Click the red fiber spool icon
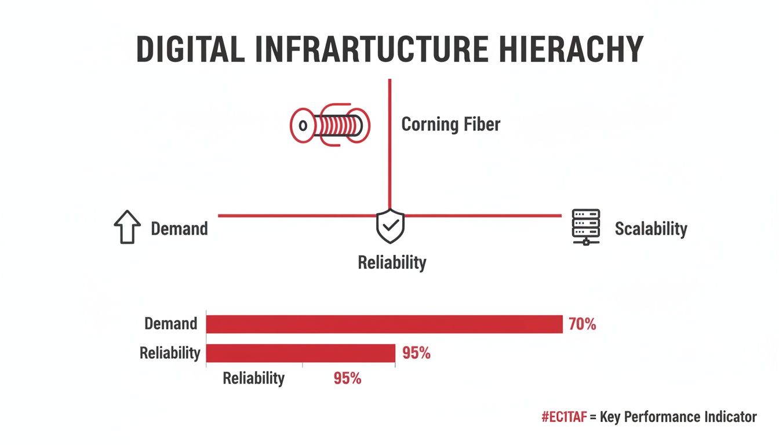(x=330, y=124)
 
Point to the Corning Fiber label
(x=450, y=124)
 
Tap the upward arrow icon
(x=127, y=227)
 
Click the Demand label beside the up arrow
(x=179, y=228)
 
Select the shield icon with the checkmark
(x=390, y=226)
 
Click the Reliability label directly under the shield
(x=392, y=262)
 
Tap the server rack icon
(x=586, y=227)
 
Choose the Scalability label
(x=651, y=228)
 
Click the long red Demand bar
(x=384, y=324)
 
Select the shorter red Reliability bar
(x=300, y=353)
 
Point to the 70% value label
(x=582, y=324)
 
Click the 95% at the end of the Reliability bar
(x=416, y=353)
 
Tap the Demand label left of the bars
(x=170, y=323)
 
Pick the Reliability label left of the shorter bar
(x=170, y=352)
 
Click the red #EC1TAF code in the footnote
(x=563, y=417)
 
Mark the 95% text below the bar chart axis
(x=347, y=378)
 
